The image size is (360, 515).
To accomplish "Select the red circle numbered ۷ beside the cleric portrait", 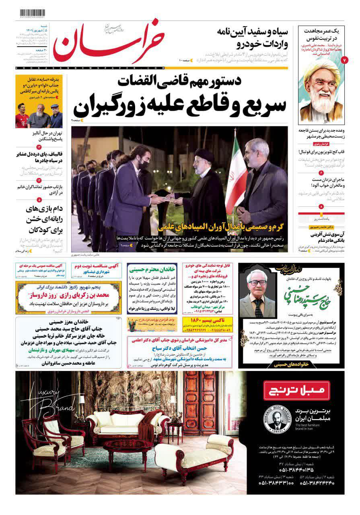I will [x=344, y=60].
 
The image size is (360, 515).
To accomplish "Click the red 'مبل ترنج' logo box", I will [x=296, y=391].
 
